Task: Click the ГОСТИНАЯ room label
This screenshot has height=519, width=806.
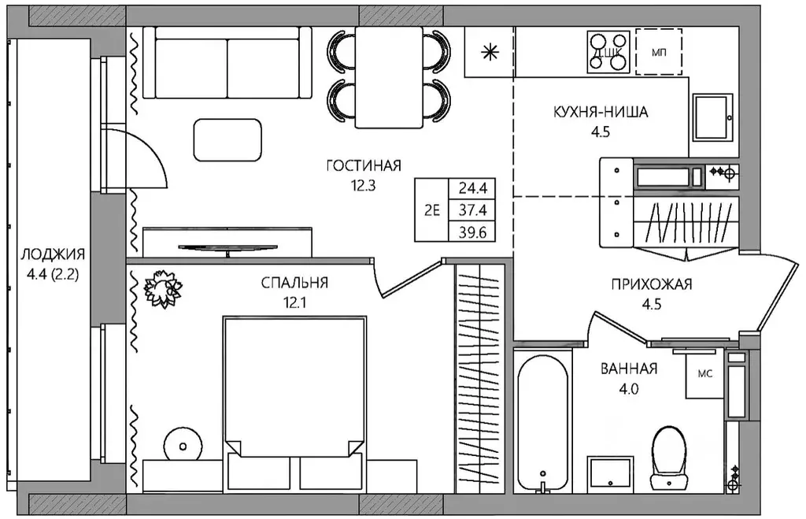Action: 364,165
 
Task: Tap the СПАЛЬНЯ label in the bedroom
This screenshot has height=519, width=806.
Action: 294,283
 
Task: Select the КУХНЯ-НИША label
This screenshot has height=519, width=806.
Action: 601,112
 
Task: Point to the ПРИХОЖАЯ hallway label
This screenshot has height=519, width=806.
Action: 652,284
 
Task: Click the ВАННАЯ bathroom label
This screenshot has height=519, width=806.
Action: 629,369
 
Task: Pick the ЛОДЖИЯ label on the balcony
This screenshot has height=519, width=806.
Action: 53,254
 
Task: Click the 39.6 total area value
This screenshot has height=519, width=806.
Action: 472,232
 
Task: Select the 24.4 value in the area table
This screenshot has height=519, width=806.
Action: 472,188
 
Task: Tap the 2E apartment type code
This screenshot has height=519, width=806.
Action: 432,210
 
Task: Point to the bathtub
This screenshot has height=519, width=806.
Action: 543,421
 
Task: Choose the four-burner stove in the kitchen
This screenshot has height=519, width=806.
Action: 609,52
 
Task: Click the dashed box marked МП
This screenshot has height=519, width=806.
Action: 659,52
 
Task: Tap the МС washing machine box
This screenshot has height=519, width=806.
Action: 704,374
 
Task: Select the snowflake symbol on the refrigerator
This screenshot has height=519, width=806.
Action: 490,52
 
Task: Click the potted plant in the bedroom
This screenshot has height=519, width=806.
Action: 163,288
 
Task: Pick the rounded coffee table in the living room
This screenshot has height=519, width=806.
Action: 227,140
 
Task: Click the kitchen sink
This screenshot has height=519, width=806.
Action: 712,117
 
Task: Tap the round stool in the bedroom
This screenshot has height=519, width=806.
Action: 183,447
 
